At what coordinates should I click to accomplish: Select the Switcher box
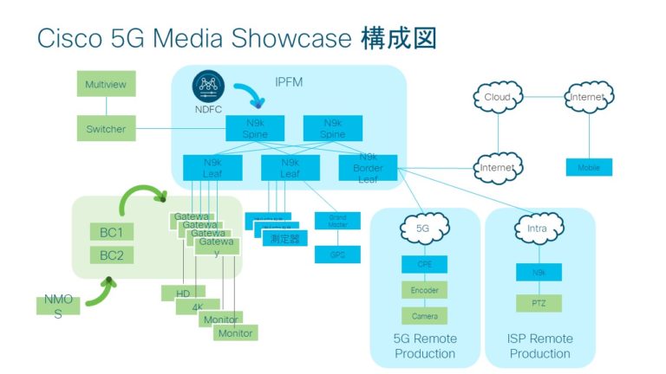click(106, 129)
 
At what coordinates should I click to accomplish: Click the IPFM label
click(288, 82)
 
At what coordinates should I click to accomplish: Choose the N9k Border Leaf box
click(368, 167)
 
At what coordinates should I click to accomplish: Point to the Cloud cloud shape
click(498, 97)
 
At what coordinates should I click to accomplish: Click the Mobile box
click(589, 167)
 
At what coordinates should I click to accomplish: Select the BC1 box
click(112, 232)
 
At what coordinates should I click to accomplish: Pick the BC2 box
click(112, 255)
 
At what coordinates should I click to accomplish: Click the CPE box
click(423, 264)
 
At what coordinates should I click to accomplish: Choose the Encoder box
click(423, 290)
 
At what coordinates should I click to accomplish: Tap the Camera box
click(423, 316)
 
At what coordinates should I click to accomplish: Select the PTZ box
click(539, 303)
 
